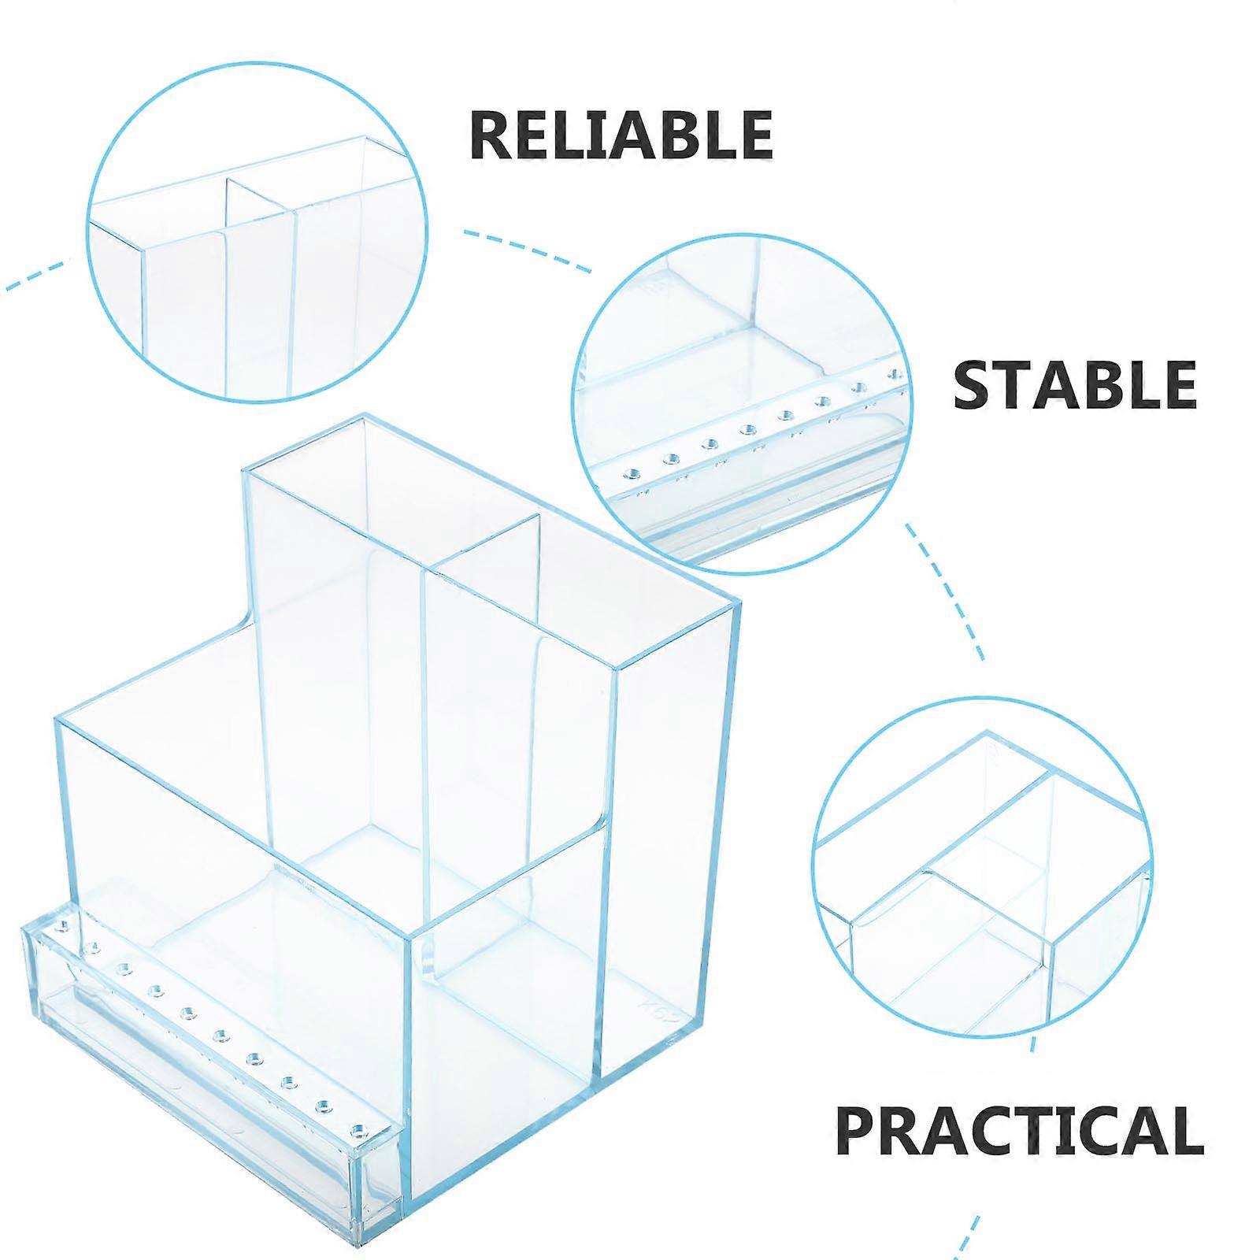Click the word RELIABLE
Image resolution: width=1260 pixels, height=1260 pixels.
621,135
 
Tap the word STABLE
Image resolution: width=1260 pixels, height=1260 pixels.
1075,384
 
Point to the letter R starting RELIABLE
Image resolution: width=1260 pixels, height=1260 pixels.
493,135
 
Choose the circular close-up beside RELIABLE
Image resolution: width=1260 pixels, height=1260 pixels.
257,229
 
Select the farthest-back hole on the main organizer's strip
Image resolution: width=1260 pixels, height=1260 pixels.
59,923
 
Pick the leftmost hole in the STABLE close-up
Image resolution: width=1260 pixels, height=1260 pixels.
630,474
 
